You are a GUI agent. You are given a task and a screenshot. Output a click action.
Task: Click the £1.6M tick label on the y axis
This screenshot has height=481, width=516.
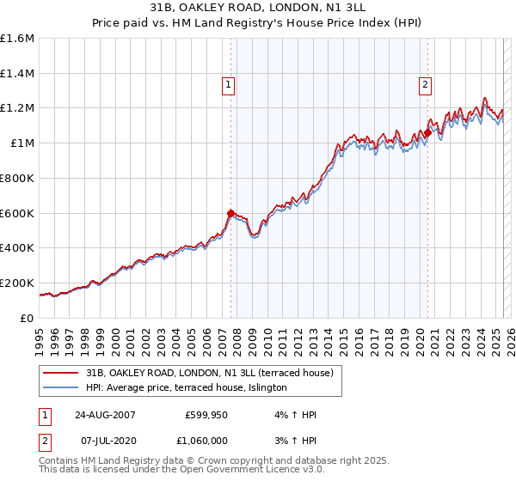[18, 39]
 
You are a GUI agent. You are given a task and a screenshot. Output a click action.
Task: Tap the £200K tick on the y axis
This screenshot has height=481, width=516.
[18, 283]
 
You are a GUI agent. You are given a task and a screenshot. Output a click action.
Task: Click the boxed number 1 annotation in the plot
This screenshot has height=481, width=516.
[229, 84]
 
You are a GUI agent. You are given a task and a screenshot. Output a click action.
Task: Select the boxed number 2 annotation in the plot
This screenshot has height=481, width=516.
[426, 84]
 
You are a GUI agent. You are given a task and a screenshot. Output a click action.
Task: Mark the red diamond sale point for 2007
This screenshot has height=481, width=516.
[230, 214]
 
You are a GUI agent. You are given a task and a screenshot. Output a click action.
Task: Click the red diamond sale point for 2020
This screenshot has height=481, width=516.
[427, 133]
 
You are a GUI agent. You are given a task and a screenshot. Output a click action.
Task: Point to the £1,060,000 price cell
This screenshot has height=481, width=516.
[206, 441]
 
